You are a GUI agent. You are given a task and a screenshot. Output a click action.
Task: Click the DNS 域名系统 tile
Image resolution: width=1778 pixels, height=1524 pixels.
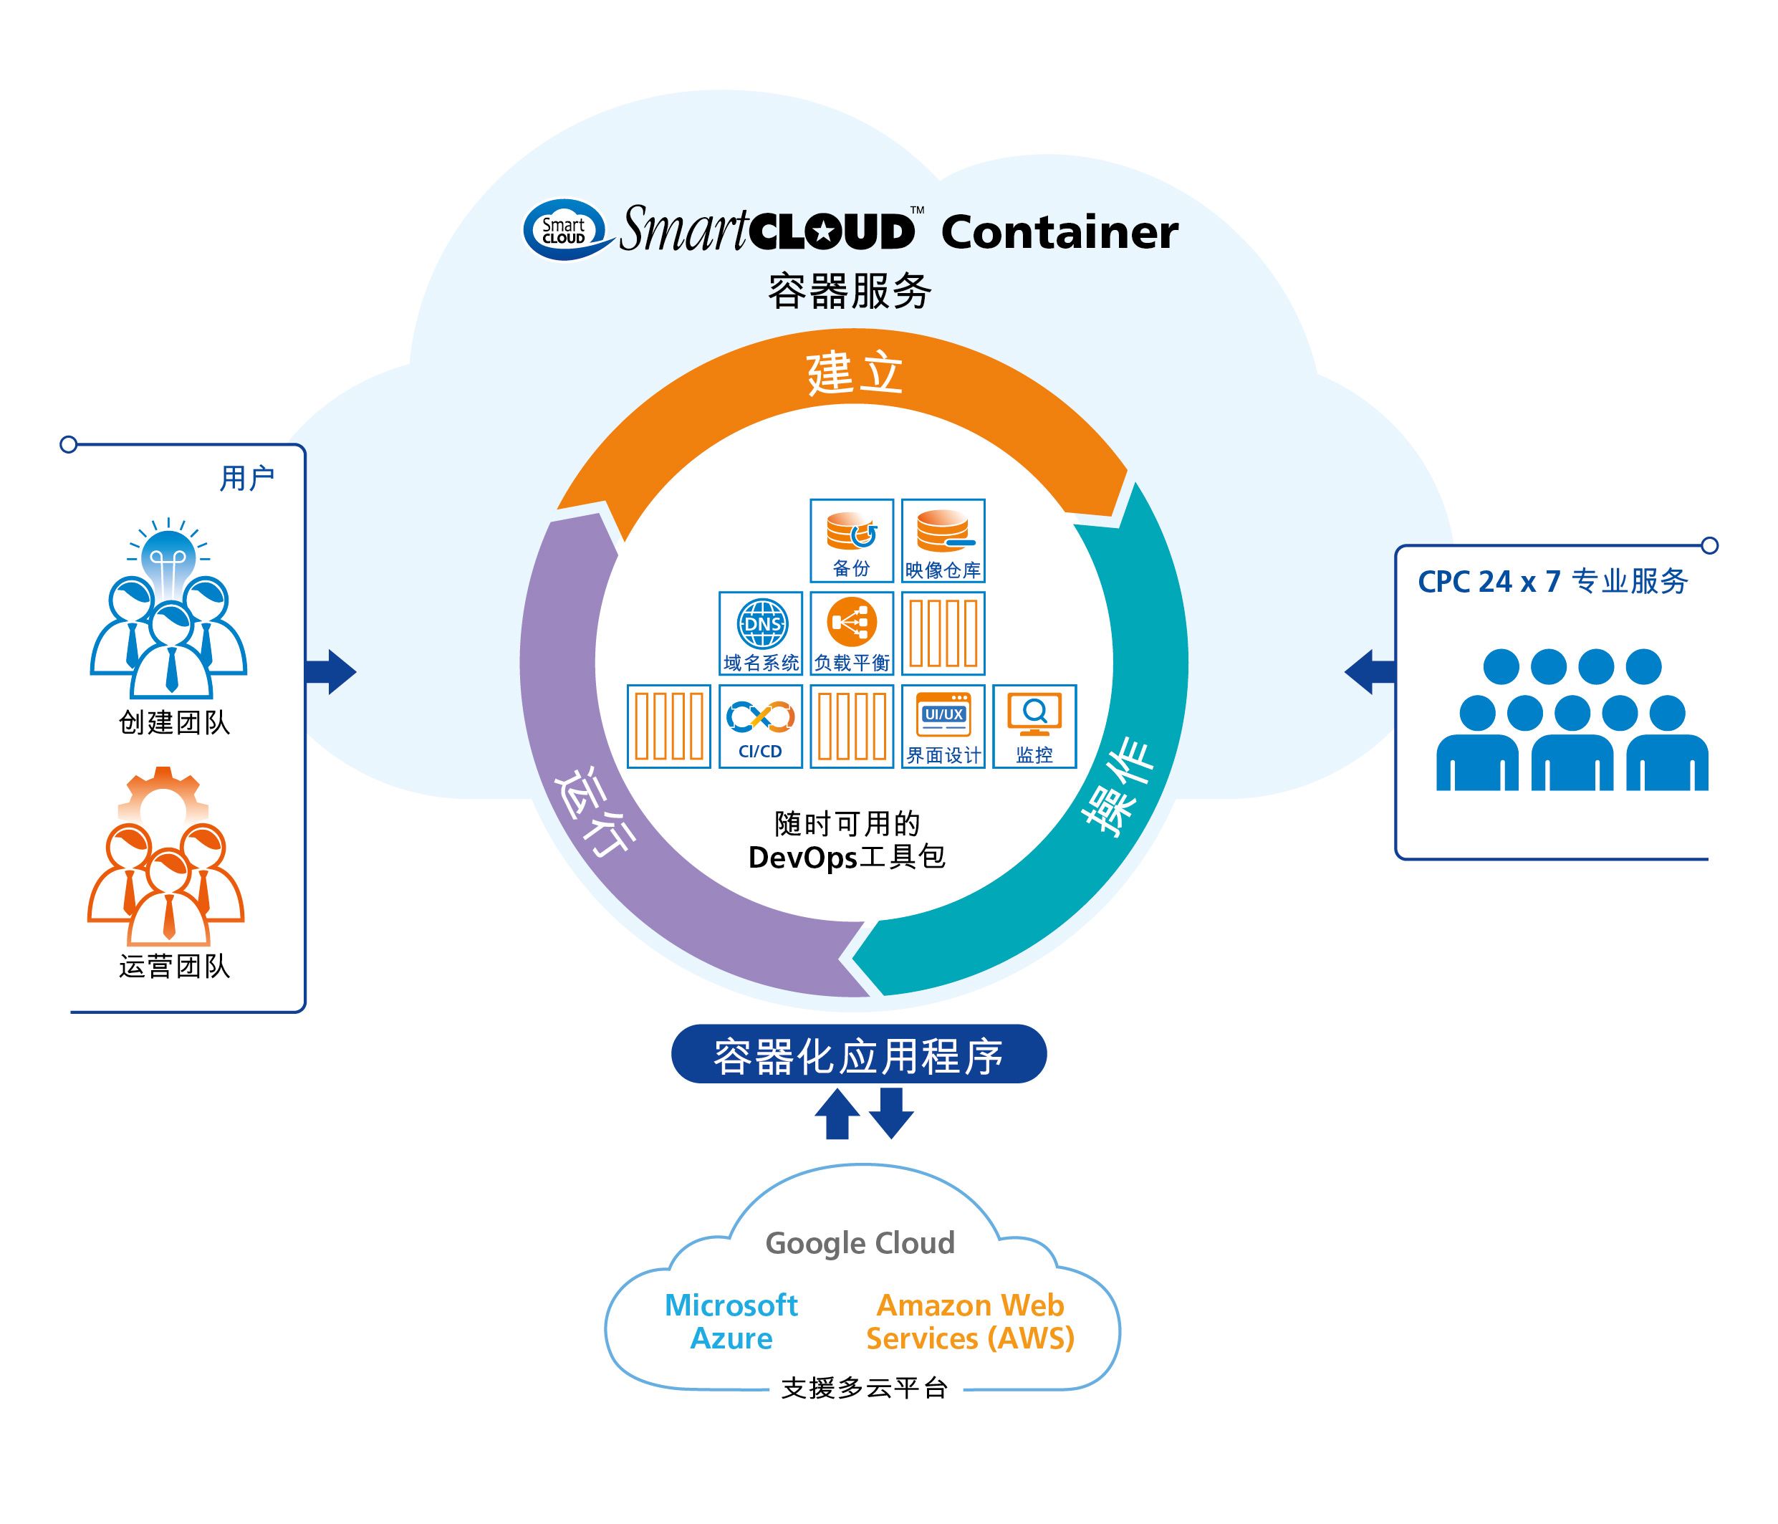pyautogui.click(x=760, y=633)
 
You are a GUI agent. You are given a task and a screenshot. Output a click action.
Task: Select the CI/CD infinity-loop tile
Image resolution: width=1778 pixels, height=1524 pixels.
pyautogui.click(x=760, y=726)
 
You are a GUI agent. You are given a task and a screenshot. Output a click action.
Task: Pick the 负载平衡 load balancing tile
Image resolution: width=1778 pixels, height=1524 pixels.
pyautogui.click(x=851, y=633)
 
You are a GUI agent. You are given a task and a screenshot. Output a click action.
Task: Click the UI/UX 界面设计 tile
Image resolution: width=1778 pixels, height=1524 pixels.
pyautogui.click(x=943, y=726)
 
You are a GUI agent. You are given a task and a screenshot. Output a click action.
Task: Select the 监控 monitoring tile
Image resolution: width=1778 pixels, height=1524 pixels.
pyautogui.click(x=1034, y=726)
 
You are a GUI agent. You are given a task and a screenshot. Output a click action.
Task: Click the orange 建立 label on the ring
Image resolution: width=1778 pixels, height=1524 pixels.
pyautogui.click(x=855, y=374)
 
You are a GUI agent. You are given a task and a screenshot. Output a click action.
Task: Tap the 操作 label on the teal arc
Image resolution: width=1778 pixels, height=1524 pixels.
pyautogui.click(x=1118, y=786)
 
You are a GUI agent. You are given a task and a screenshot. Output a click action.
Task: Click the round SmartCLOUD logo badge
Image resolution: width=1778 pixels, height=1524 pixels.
pyautogui.click(x=564, y=230)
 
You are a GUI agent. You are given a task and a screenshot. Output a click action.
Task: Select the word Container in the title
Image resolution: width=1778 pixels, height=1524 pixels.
pyautogui.click(x=1059, y=233)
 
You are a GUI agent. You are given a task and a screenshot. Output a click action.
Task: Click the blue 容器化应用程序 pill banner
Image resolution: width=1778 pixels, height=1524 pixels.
pyautogui.click(x=858, y=1055)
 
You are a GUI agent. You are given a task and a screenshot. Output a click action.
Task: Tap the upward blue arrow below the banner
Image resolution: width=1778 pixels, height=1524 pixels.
pyautogui.click(x=837, y=1114)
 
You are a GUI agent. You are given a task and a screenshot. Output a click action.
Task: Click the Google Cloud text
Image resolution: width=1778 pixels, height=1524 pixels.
pyautogui.click(x=860, y=1243)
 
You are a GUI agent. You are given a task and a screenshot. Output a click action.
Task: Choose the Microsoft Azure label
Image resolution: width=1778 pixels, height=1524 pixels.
pyautogui.click(x=731, y=1321)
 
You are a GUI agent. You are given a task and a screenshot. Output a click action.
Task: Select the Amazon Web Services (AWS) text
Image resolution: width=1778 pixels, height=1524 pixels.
pyautogui.click(x=970, y=1321)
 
